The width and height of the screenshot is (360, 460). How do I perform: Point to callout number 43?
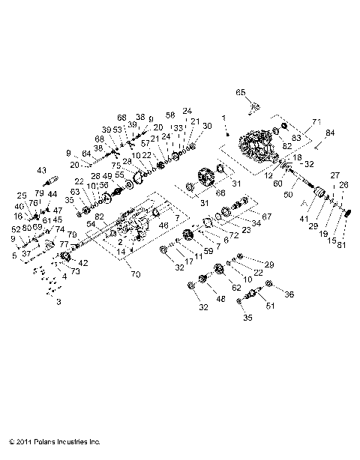coord(41,170)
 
